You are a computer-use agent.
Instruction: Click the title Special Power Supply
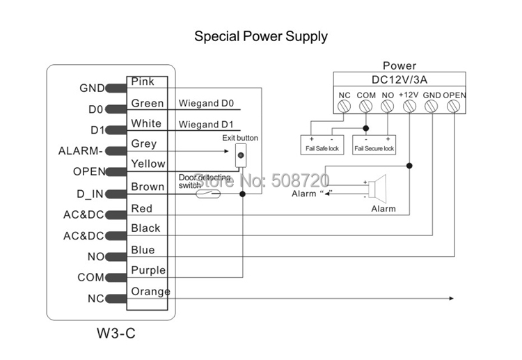click(260, 36)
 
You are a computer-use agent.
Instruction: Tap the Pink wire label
click(143, 82)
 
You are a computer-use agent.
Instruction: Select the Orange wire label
click(150, 291)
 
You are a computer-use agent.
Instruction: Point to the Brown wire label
click(148, 187)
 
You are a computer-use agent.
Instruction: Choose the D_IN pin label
click(90, 193)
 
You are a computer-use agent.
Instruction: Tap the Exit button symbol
click(241, 155)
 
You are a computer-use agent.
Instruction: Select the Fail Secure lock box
click(374, 144)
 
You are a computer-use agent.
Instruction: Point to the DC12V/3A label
click(400, 79)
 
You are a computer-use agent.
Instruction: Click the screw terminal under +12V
click(410, 107)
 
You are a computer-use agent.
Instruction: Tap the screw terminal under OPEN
click(454, 107)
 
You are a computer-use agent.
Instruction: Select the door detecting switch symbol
click(207, 194)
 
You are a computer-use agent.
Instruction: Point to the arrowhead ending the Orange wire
click(450, 299)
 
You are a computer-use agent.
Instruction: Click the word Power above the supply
click(400, 66)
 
